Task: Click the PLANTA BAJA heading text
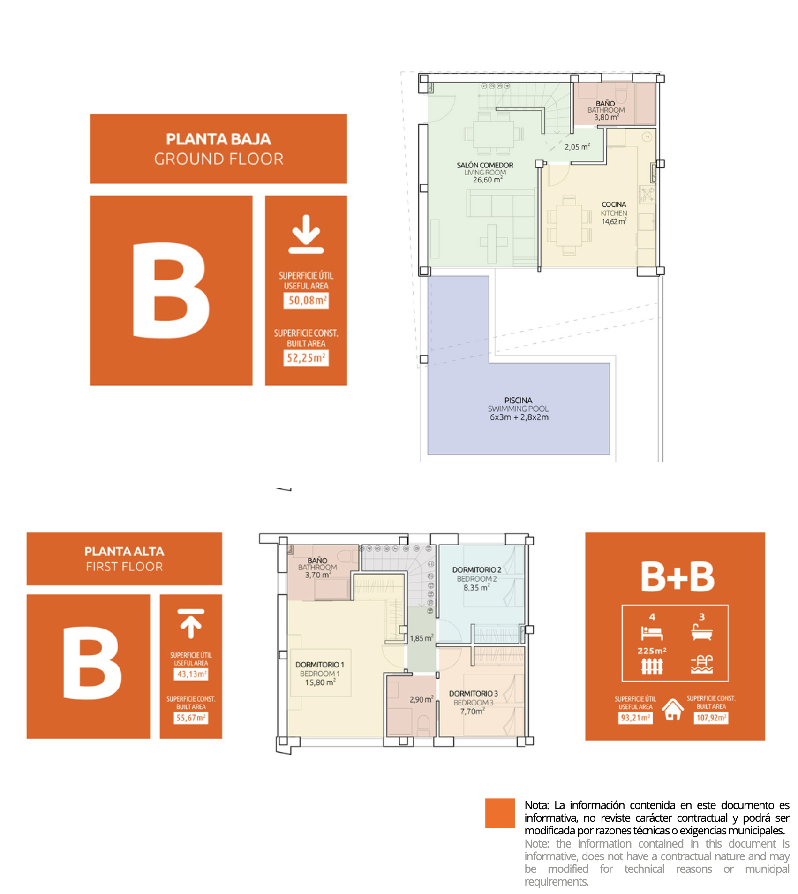(x=218, y=139)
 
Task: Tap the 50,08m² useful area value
(x=306, y=301)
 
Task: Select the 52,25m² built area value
(x=306, y=358)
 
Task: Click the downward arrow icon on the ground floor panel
(x=306, y=234)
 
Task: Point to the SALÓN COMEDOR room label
(x=485, y=165)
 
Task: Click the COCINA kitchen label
(x=614, y=205)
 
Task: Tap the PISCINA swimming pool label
(x=518, y=401)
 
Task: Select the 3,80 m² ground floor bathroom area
(x=606, y=117)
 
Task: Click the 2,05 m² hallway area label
(x=577, y=147)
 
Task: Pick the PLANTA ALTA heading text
(x=124, y=552)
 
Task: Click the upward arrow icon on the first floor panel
(x=191, y=623)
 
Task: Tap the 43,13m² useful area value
(x=191, y=674)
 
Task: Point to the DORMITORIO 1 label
(x=319, y=665)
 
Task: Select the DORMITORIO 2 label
(x=476, y=570)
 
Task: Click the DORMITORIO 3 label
(x=473, y=694)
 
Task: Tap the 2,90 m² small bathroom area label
(x=421, y=699)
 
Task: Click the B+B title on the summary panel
(x=678, y=576)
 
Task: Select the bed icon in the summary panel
(x=652, y=634)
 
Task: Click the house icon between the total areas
(x=673, y=710)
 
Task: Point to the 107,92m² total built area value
(x=711, y=718)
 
